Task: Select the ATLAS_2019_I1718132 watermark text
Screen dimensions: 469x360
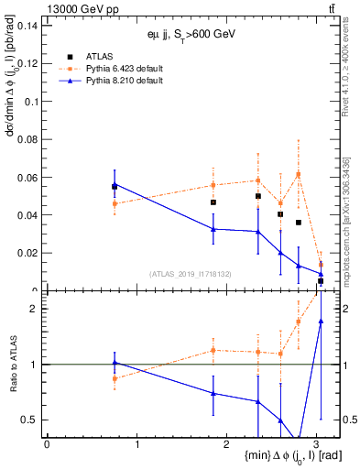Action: pos(190,273)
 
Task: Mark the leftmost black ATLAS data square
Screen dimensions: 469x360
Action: pos(115,186)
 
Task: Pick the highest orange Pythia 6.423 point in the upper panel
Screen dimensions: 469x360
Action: pos(299,174)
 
